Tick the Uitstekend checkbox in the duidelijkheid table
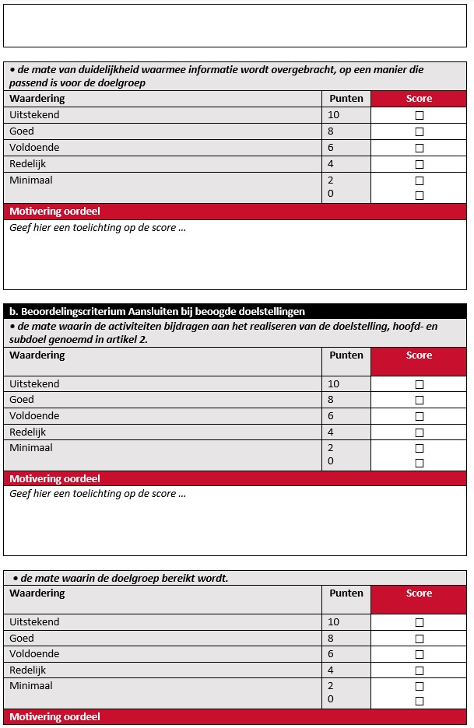(x=419, y=115)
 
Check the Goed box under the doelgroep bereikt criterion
(x=419, y=639)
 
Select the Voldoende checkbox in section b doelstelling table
(x=419, y=416)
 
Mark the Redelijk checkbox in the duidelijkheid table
(x=419, y=164)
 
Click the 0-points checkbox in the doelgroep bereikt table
(x=419, y=701)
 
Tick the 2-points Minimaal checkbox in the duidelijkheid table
(x=419, y=180)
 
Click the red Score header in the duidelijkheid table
(x=419, y=99)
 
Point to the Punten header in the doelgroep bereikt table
(x=346, y=593)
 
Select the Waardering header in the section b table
(x=37, y=355)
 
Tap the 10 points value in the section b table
(x=334, y=383)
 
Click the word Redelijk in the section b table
(x=28, y=432)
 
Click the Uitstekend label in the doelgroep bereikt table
(x=34, y=621)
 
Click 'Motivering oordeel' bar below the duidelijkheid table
(x=54, y=212)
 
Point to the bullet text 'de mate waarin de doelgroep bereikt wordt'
(x=125, y=578)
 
